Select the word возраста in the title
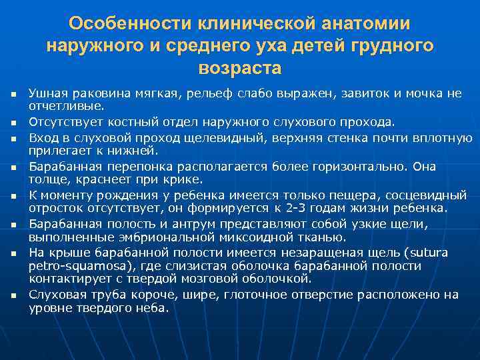[x=240, y=68]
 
